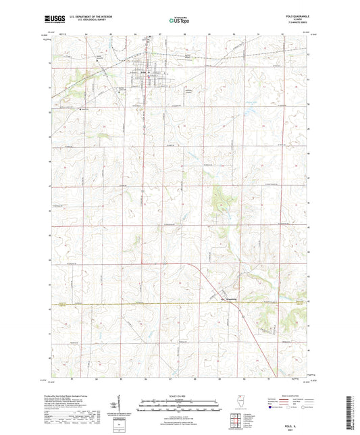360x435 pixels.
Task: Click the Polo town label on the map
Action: pos(144,72)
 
